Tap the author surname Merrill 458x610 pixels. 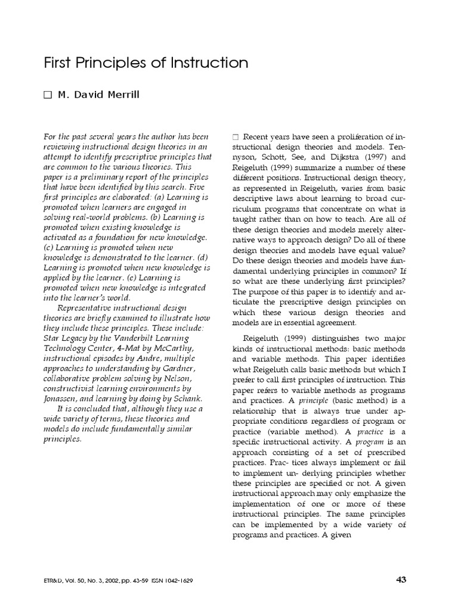pos(123,95)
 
